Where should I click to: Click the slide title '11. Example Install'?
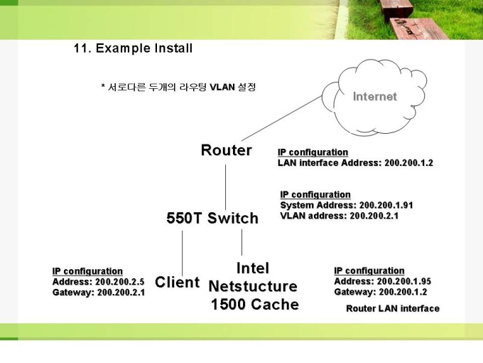coord(133,48)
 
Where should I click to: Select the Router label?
coord(226,150)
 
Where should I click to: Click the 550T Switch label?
coord(212,218)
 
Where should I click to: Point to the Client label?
coord(177,282)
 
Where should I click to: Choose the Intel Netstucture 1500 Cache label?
coord(254,286)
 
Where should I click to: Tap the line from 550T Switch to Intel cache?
coord(242,241)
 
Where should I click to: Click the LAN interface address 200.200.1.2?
coord(355,163)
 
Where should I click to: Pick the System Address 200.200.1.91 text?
coord(347,205)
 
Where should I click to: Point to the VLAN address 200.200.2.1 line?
coord(339,216)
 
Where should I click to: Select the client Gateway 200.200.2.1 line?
coord(98,293)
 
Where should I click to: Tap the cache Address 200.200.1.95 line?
coord(382,281)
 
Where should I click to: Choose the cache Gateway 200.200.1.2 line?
coord(381,292)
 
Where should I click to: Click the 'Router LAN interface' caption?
coord(392,309)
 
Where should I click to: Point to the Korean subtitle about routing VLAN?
coord(178,88)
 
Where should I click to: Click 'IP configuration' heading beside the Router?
coord(313,152)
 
